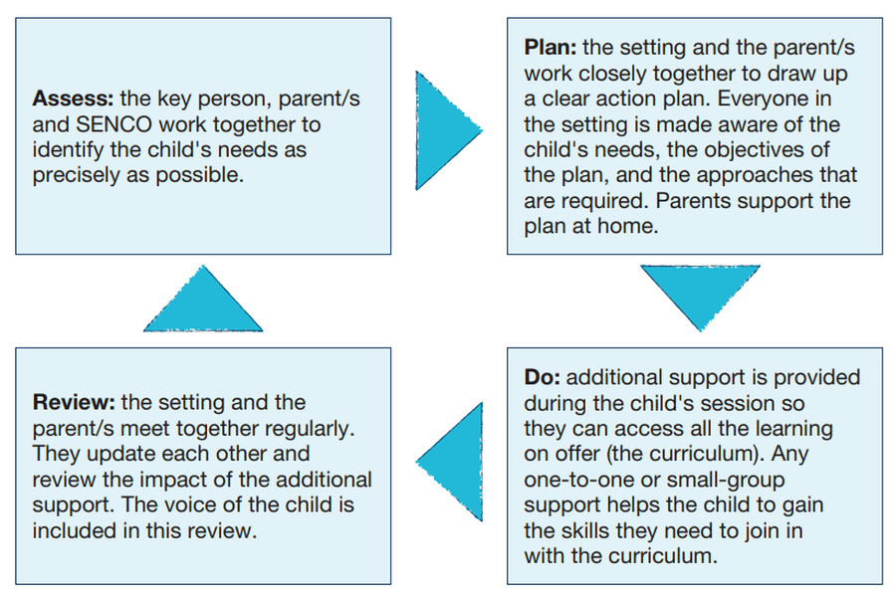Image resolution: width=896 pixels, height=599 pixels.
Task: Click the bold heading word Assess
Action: (73, 99)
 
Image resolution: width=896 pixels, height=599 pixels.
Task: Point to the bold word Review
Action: (75, 402)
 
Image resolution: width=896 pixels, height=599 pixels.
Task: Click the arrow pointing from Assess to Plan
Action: (448, 130)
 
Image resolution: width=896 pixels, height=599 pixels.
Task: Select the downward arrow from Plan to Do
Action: (700, 297)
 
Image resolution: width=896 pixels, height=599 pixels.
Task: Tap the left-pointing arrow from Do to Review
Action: (450, 462)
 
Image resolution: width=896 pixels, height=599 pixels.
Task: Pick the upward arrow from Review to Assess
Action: (203, 299)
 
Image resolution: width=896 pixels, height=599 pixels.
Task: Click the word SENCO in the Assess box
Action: (114, 124)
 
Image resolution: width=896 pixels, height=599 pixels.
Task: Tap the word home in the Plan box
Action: (627, 226)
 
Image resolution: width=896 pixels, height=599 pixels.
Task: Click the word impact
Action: (174, 481)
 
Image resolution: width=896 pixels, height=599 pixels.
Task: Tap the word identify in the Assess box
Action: (69, 150)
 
